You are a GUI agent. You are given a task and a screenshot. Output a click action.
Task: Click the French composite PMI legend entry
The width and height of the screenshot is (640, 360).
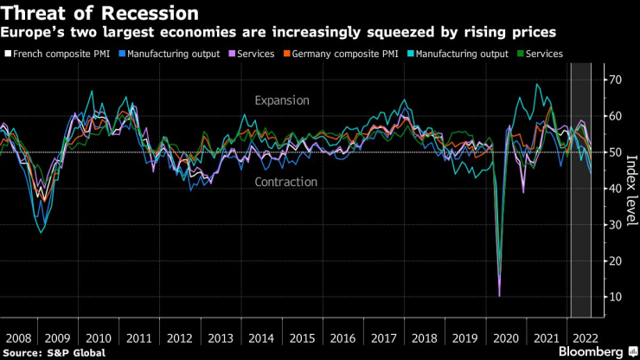point(56,54)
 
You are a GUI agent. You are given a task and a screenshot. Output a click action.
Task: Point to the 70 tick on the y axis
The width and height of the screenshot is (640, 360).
point(615,80)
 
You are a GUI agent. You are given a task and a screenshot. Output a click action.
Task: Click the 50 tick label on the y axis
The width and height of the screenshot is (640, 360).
point(615,152)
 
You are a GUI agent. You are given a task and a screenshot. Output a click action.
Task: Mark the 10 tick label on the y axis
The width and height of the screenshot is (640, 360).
point(615,297)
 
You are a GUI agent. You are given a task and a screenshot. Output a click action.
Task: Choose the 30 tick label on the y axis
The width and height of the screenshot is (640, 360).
point(615,225)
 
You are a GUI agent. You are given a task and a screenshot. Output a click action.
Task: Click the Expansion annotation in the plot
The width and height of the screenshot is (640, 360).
point(282,100)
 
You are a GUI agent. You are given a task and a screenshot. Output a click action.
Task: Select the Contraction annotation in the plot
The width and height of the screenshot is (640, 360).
point(285,182)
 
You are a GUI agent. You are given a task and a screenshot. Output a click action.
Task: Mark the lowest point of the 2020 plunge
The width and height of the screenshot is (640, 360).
point(499,296)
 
